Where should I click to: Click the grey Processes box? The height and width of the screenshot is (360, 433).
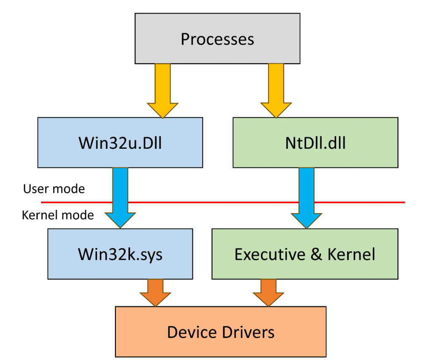coord(217,38)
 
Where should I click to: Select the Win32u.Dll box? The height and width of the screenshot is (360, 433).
coord(120,143)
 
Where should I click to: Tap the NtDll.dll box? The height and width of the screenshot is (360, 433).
coord(315,143)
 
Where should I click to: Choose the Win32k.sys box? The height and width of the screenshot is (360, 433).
coord(120,254)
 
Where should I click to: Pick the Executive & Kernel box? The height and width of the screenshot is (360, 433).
coord(305,254)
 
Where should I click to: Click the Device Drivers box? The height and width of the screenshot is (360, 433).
coord(221,332)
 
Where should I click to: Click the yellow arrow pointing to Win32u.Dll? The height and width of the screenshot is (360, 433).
coord(163,91)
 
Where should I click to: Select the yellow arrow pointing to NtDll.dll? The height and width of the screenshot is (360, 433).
coord(276,91)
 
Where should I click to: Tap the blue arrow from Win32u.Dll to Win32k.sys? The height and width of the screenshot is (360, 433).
coord(120,198)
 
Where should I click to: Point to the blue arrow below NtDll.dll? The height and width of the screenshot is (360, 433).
coord(307,198)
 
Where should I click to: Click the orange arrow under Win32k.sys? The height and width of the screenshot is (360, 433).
coord(156,293)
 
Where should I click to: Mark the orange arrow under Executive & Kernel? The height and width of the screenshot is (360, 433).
coord(269,293)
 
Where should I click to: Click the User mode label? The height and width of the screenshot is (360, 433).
coord(54,189)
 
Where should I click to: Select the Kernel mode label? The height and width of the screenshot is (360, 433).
coord(58,215)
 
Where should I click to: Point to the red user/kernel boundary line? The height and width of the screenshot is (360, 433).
coord(223,202)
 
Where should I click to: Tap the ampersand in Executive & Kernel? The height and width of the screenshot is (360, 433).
coord(316,254)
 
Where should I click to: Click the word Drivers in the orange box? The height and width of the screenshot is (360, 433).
coord(248,332)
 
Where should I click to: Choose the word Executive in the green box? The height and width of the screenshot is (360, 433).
coord(270,254)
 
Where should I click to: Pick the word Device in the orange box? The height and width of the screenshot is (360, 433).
coord(192,332)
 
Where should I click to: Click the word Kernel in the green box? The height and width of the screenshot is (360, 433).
coord(351,254)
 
